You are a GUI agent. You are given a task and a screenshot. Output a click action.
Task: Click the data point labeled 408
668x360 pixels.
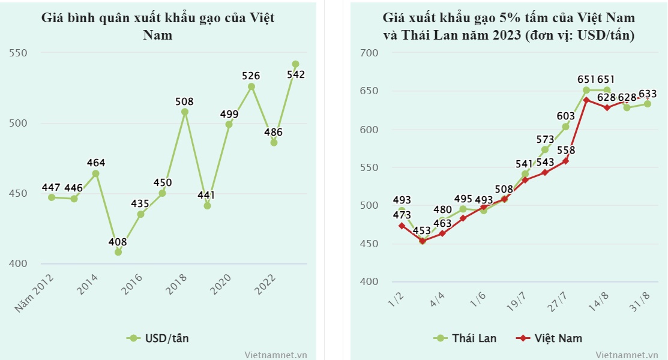point(118,252)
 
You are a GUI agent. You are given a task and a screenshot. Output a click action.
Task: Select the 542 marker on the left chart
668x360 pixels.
point(295,64)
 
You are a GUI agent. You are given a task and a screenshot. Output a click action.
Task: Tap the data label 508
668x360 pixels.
point(185,101)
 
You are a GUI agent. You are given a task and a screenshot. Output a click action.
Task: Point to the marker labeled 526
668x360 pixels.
point(251,86)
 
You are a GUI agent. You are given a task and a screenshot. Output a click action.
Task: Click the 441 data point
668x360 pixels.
point(207,205)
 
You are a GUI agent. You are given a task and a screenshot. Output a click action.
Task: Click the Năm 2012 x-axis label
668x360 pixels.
point(35,294)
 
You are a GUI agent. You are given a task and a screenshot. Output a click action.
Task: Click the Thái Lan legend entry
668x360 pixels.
point(466,338)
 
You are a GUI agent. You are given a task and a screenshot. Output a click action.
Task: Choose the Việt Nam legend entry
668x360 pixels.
point(549,338)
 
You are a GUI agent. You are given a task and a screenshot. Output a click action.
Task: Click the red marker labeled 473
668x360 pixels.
point(402,226)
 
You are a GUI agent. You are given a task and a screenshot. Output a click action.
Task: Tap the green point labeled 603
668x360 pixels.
point(565,127)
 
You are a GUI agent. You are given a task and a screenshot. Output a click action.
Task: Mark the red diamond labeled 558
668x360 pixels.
point(565,161)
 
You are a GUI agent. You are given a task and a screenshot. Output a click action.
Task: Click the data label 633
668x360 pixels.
point(647,94)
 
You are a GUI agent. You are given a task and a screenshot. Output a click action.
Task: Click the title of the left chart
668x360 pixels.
point(158,26)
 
